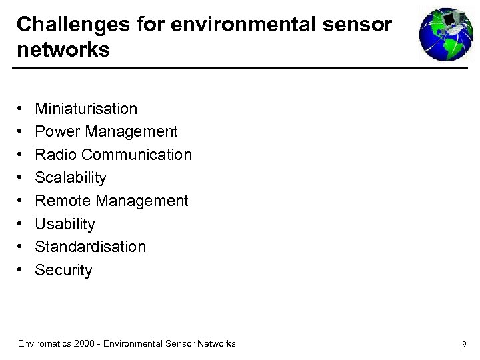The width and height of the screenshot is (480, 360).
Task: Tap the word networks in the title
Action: (x=63, y=49)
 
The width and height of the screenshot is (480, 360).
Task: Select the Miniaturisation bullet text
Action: (x=86, y=109)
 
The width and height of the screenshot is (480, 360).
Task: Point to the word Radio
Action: (x=55, y=155)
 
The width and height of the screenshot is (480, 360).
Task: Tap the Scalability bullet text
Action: (x=71, y=178)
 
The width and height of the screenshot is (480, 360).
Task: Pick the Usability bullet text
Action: (x=65, y=224)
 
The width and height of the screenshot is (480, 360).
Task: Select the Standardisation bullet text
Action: (x=90, y=247)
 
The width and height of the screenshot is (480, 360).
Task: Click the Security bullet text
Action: (x=63, y=270)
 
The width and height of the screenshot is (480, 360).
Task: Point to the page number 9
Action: (x=463, y=345)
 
